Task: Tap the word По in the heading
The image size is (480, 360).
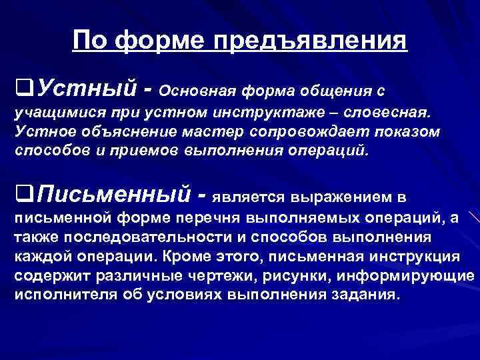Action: pyautogui.click(x=92, y=41)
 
